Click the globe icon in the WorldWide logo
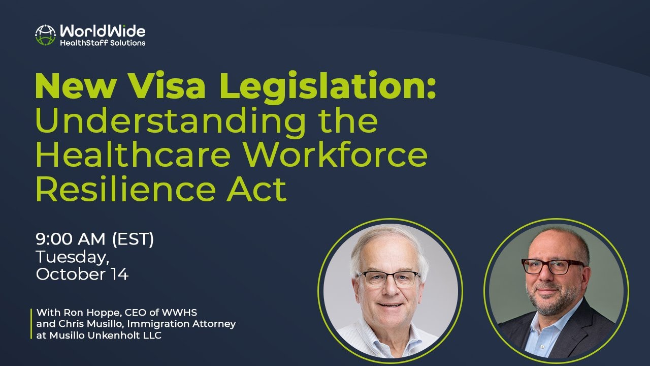pyautogui.click(x=45, y=35)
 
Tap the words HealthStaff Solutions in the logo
pyautogui.click(x=103, y=43)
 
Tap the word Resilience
pyautogui.click(x=122, y=189)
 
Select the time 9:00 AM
pyautogui.click(x=71, y=239)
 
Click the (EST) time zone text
pyautogui.click(x=133, y=239)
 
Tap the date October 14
pyautogui.click(x=82, y=274)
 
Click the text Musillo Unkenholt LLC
pyautogui.click(x=104, y=335)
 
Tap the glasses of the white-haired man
pyautogui.click(x=388, y=278)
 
